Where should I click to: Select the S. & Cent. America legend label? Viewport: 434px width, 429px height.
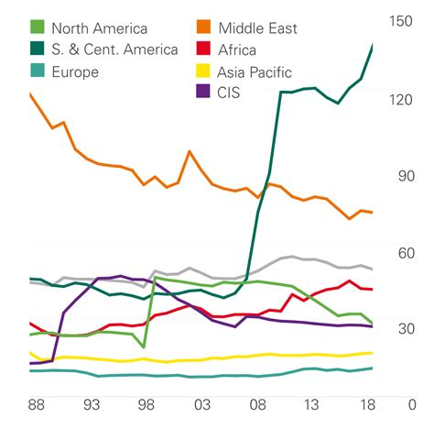coord(115,49)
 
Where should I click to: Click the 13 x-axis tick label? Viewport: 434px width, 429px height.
coord(313,404)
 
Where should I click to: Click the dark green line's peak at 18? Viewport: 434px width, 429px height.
coord(373,44)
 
